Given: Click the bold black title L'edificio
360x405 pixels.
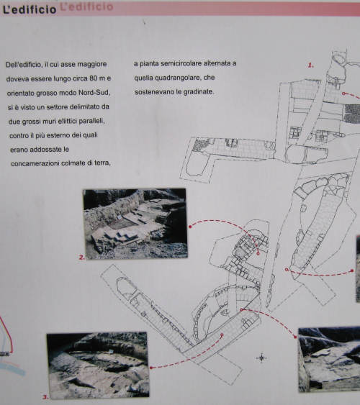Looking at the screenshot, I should click(28, 8).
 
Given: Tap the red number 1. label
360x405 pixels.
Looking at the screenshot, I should click(311, 65).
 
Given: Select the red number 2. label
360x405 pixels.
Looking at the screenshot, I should click(82, 256).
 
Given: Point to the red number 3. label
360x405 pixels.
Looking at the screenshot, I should click(45, 396).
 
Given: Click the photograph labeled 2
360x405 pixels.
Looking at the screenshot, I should click(135, 224).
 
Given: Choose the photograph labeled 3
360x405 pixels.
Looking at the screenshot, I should click(98, 365).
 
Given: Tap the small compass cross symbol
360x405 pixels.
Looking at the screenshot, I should click(261, 357).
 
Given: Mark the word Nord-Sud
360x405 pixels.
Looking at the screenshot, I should click(94, 93).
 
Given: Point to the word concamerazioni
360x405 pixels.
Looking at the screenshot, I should click(40, 164).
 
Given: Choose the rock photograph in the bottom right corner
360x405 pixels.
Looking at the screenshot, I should click(329, 358).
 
